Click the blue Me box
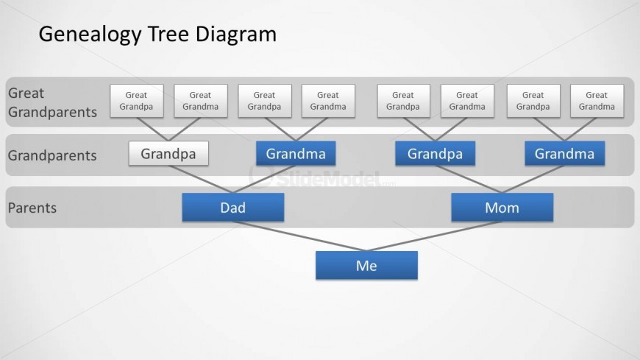366,265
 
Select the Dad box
232,208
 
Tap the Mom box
502,208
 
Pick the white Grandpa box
168,154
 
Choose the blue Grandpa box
435,154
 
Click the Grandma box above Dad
296,154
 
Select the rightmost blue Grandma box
564,154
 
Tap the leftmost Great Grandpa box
136,100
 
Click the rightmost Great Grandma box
597,100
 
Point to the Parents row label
32,208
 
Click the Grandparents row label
52,155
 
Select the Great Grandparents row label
51,102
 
